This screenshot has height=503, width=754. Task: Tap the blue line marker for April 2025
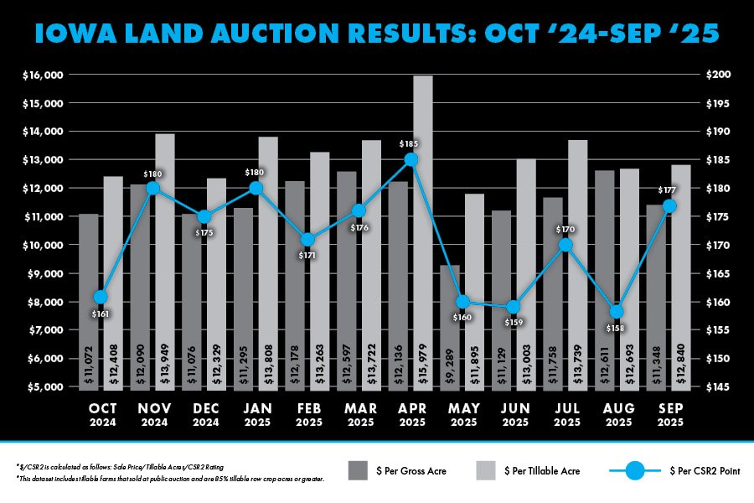tap(411, 159)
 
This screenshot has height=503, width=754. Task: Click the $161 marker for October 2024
tap(101, 297)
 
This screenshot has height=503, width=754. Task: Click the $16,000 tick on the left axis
tap(42, 75)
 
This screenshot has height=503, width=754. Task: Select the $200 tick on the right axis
tap(720, 75)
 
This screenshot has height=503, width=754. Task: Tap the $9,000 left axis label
tap(44, 273)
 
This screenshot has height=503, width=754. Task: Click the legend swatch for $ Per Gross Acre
tap(359, 470)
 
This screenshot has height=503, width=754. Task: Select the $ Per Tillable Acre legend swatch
tap(487, 470)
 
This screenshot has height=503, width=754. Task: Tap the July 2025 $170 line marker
tap(565, 245)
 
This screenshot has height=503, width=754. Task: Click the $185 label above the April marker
tap(411, 143)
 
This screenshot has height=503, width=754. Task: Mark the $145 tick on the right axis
tap(720, 387)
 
